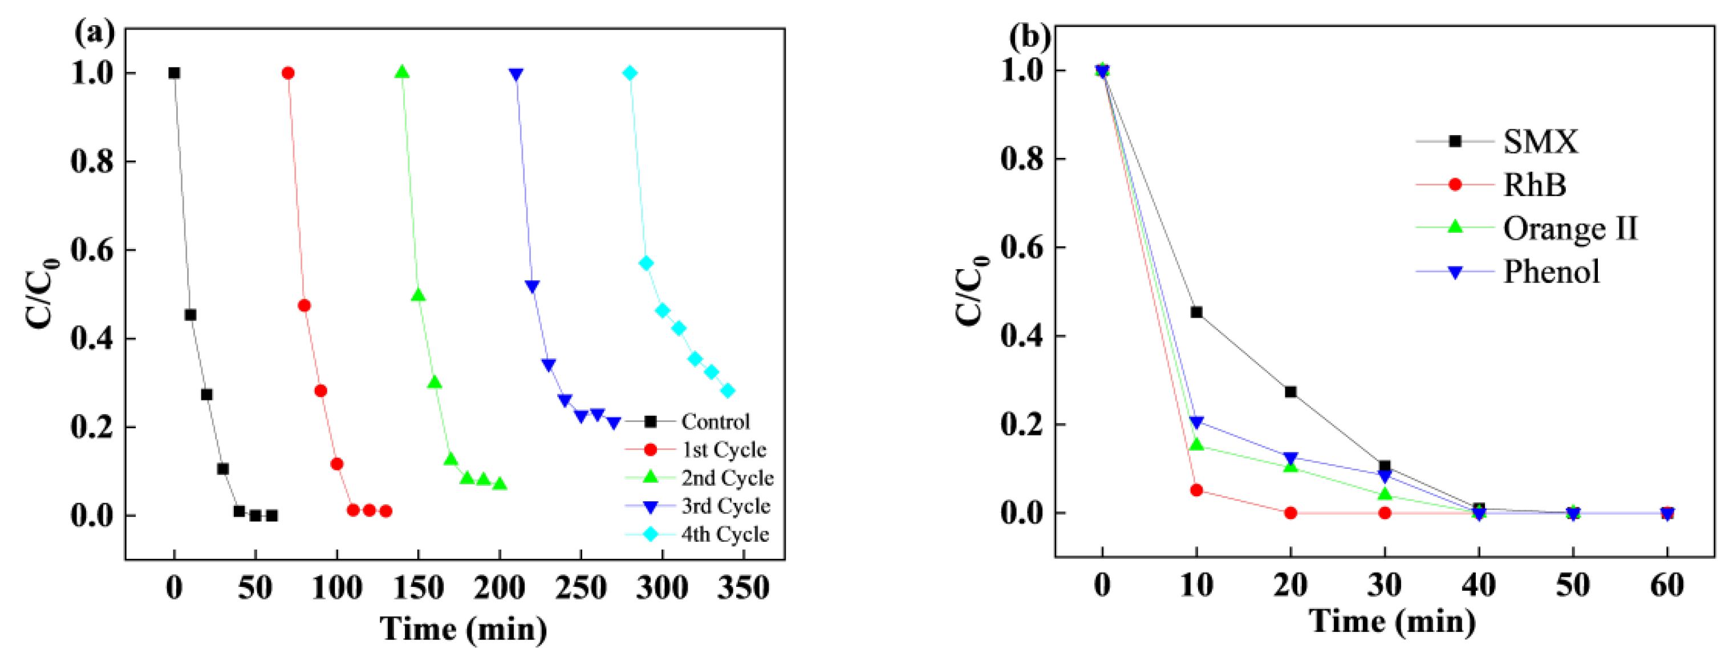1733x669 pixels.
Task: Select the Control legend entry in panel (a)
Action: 715,422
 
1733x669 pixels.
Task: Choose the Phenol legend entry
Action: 1551,272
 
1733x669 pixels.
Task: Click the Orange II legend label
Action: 1569,229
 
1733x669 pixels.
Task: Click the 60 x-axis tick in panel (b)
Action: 1666,585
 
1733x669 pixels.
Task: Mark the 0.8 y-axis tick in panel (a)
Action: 94,161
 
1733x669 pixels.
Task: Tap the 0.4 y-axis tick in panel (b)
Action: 1023,336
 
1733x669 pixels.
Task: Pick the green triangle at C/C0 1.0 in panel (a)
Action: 402,72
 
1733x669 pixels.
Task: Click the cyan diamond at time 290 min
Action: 646,263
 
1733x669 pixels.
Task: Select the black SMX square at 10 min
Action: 1196,313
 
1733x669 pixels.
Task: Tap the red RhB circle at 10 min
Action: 1196,490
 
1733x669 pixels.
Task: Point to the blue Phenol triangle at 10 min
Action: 1196,423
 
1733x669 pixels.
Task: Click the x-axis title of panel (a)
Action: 463,629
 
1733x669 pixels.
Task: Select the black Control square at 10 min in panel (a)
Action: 190,315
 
